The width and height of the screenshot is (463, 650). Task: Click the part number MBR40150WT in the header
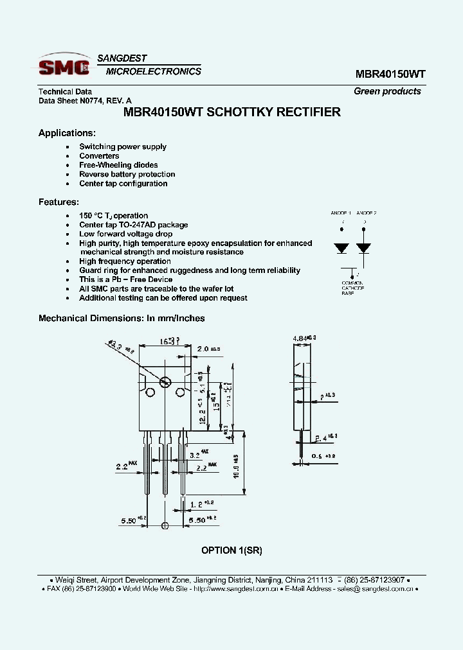point(390,74)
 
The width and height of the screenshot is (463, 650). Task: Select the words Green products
point(387,91)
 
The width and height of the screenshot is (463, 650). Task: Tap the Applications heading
point(67,133)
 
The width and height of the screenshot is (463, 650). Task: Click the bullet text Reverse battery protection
point(127,174)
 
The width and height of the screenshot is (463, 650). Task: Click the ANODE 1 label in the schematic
point(341,213)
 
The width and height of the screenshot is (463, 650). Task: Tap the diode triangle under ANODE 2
point(364,248)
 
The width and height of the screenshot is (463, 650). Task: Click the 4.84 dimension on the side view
point(301,338)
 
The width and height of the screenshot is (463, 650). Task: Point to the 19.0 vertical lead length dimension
point(237,468)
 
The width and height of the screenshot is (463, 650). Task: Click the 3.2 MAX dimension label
point(196,455)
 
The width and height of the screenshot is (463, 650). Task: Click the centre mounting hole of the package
point(165,382)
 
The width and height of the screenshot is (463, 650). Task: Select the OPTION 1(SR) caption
point(232,550)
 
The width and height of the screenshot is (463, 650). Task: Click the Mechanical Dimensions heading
point(122,318)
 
